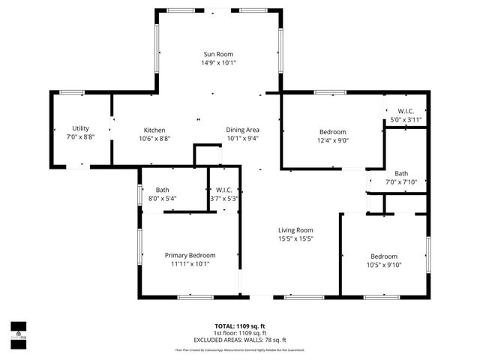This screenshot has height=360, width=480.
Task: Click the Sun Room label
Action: point(218,54)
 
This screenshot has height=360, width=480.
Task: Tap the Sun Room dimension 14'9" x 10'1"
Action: point(218,63)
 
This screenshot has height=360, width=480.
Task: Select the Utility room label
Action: point(80,129)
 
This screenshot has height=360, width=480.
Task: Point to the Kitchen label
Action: point(154,130)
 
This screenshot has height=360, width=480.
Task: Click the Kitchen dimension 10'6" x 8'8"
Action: point(154,139)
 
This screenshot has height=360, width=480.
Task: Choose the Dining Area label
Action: point(242,130)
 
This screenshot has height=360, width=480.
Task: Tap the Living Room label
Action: point(295,230)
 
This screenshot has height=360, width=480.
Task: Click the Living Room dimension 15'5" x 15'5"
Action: point(295,239)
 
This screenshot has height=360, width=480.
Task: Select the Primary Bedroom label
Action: point(190,255)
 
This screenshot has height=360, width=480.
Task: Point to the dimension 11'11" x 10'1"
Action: point(190,264)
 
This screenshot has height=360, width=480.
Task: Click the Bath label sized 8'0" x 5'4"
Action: point(163,190)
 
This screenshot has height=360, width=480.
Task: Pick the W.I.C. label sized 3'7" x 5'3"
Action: point(223,190)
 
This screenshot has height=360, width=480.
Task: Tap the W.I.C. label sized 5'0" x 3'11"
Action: point(406,111)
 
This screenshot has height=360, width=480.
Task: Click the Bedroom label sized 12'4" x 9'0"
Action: point(332,131)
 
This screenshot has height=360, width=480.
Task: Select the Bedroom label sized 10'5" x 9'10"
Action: point(383,256)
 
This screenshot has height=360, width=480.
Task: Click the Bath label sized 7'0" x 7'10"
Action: point(401,172)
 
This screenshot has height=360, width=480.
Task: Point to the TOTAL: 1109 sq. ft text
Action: point(240,326)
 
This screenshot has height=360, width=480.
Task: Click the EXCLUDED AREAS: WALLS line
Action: point(240,340)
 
